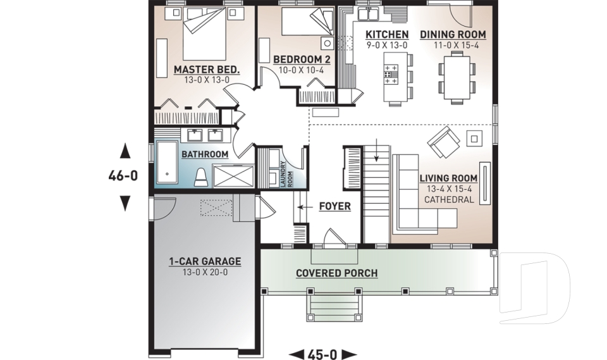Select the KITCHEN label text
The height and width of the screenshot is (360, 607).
pyautogui.click(x=387, y=34)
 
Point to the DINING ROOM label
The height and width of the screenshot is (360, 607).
pyautogui.click(x=453, y=34)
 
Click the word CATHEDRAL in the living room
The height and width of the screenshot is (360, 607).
pyautogui.click(x=449, y=200)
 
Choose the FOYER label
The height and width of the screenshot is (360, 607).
pyautogui.click(x=334, y=206)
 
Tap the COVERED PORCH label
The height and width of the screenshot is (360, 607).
pyautogui.click(x=336, y=273)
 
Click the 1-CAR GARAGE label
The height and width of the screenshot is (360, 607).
pyautogui.click(x=204, y=261)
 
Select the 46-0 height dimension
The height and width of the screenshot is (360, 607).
pyautogui.click(x=123, y=177)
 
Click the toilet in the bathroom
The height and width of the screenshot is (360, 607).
pyautogui.click(x=201, y=177)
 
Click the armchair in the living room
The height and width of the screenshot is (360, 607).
pyautogui.click(x=443, y=142)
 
